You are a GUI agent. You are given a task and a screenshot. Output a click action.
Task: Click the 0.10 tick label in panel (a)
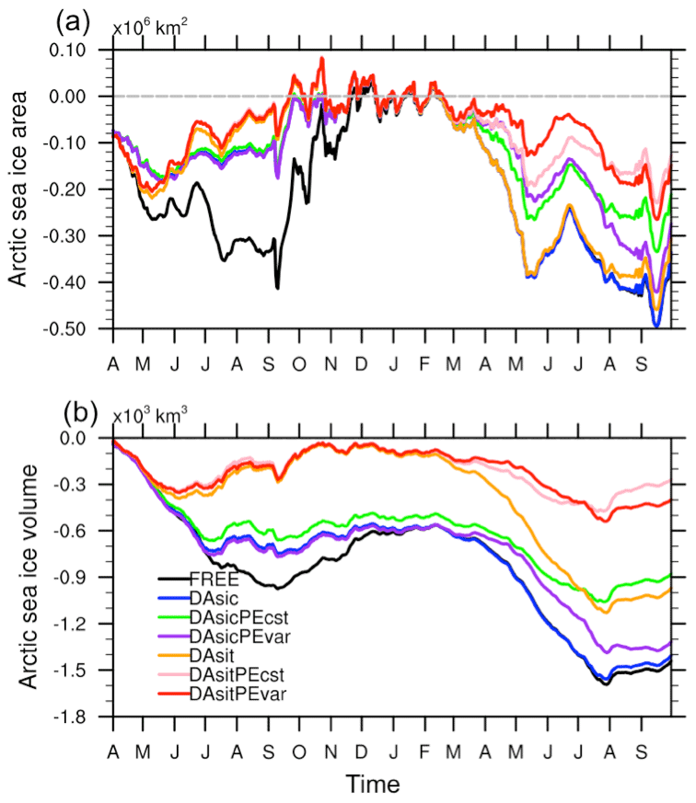tap(86, 50)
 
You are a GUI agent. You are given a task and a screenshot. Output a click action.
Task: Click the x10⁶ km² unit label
tap(150, 27)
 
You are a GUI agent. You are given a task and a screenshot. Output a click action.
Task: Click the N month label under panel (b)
tap(330, 739)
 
